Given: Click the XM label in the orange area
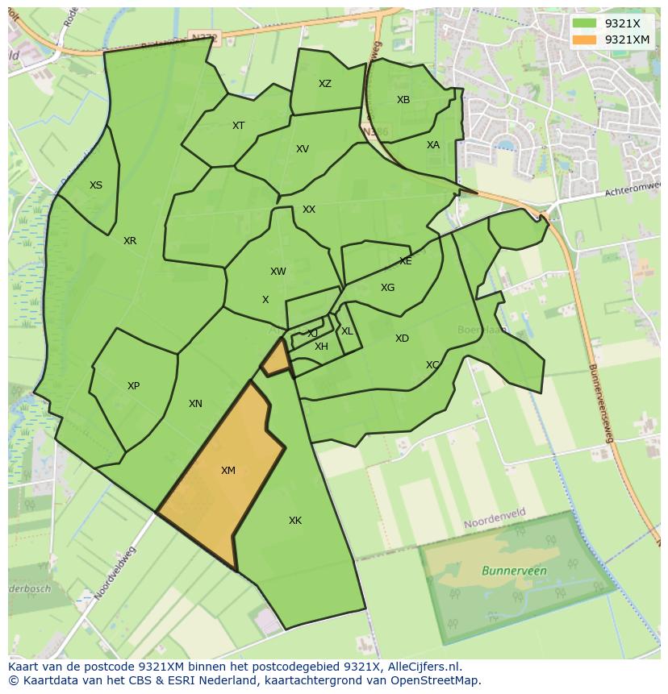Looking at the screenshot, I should click(228, 470).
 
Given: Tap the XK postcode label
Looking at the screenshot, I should click(295, 521).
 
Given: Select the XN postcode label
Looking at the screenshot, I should click(195, 404).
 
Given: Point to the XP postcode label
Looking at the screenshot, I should click(133, 386).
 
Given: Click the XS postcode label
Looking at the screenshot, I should click(96, 185).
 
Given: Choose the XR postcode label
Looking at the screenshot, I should click(130, 241).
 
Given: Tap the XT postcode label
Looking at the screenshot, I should click(238, 126).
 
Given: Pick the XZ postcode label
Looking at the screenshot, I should click(324, 84).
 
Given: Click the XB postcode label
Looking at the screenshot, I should click(403, 100).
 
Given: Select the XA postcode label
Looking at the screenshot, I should click(433, 145).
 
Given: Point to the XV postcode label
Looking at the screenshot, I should click(303, 149).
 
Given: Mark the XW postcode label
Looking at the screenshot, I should click(278, 272).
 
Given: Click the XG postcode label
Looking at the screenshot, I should click(388, 288).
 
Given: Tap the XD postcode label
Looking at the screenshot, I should click(402, 339).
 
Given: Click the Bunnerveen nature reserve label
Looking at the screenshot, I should click(514, 571).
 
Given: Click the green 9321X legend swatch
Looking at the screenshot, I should click(585, 23).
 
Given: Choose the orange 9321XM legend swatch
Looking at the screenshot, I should click(585, 39).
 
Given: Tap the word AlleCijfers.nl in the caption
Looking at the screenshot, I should click(423, 667).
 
